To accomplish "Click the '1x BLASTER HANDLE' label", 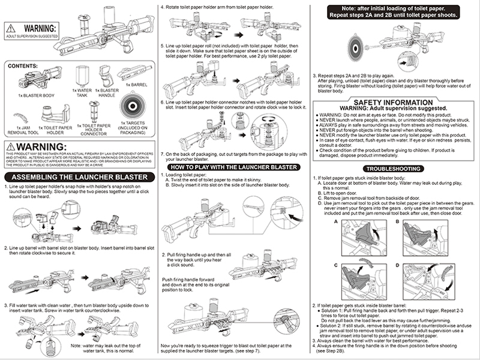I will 109,94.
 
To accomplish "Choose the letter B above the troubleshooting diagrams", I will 398,220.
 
